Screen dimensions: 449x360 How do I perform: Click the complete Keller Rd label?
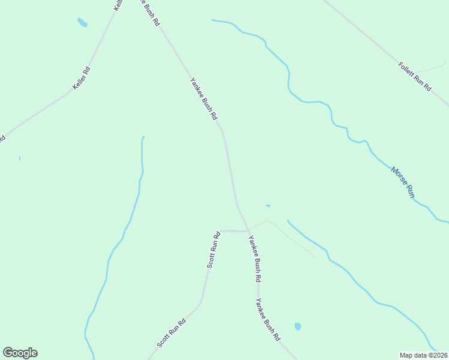[x=82, y=79]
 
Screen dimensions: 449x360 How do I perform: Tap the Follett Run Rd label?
[x=415, y=76]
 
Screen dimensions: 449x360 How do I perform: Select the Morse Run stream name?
[x=403, y=182]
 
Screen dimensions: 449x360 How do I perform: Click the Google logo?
[x=20, y=353]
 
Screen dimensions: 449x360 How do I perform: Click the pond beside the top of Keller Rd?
[x=82, y=23]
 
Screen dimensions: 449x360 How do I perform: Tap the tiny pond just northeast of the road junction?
[x=268, y=206]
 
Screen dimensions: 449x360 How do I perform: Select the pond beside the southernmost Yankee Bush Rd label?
[x=297, y=326]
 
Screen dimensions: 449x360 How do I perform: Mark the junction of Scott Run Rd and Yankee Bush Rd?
[x=248, y=230]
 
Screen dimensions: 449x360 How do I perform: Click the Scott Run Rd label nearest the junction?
[x=214, y=250]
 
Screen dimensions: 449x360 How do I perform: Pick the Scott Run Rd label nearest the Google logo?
[x=172, y=333]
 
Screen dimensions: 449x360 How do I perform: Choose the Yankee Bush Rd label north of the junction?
[x=203, y=99]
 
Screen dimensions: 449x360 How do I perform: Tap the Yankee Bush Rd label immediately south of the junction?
[x=255, y=259]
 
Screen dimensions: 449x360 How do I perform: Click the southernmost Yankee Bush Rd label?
[x=268, y=320]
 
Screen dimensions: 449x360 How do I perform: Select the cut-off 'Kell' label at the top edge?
[x=118, y=5]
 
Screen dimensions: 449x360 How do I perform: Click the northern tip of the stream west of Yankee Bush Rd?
[x=143, y=137]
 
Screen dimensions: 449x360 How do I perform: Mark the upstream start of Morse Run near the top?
[x=212, y=20]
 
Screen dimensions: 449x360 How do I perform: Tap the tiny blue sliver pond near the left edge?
[x=20, y=158]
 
